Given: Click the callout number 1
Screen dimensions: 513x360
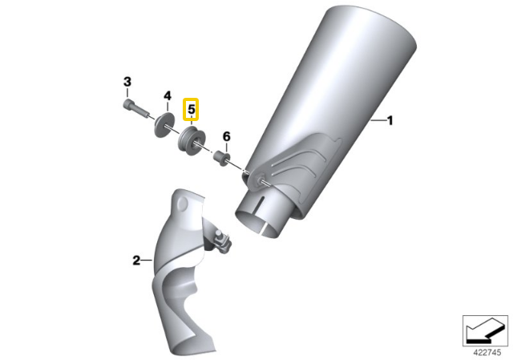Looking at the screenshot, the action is click(x=390, y=121).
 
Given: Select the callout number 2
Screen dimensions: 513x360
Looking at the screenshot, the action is click(x=136, y=261).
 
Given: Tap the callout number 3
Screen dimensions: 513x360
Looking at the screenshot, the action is click(x=127, y=82).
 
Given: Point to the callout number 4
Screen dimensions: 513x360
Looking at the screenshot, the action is click(x=168, y=96).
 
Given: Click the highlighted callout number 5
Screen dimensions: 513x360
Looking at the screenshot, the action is click(x=191, y=109).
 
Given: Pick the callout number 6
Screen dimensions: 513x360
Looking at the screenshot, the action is click(x=226, y=136).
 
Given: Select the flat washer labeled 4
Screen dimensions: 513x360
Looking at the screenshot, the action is click(x=164, y=124).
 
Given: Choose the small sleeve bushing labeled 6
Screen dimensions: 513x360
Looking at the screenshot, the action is click(x=221, y=158).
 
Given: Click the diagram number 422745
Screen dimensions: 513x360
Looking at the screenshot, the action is click(x=487, y=353).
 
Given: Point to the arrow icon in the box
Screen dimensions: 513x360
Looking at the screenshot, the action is click(x=485, y=330).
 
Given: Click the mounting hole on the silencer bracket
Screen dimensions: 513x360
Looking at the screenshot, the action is click(x=260, y=180).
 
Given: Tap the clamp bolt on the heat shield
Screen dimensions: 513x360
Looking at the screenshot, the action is click(x=222, y=241).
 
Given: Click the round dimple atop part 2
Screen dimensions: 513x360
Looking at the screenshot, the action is click(x=182, y=204).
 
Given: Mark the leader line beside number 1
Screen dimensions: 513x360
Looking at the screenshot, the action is click(x=378, y=121).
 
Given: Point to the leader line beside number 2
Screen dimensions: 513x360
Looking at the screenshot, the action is click(x=147, y=261).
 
